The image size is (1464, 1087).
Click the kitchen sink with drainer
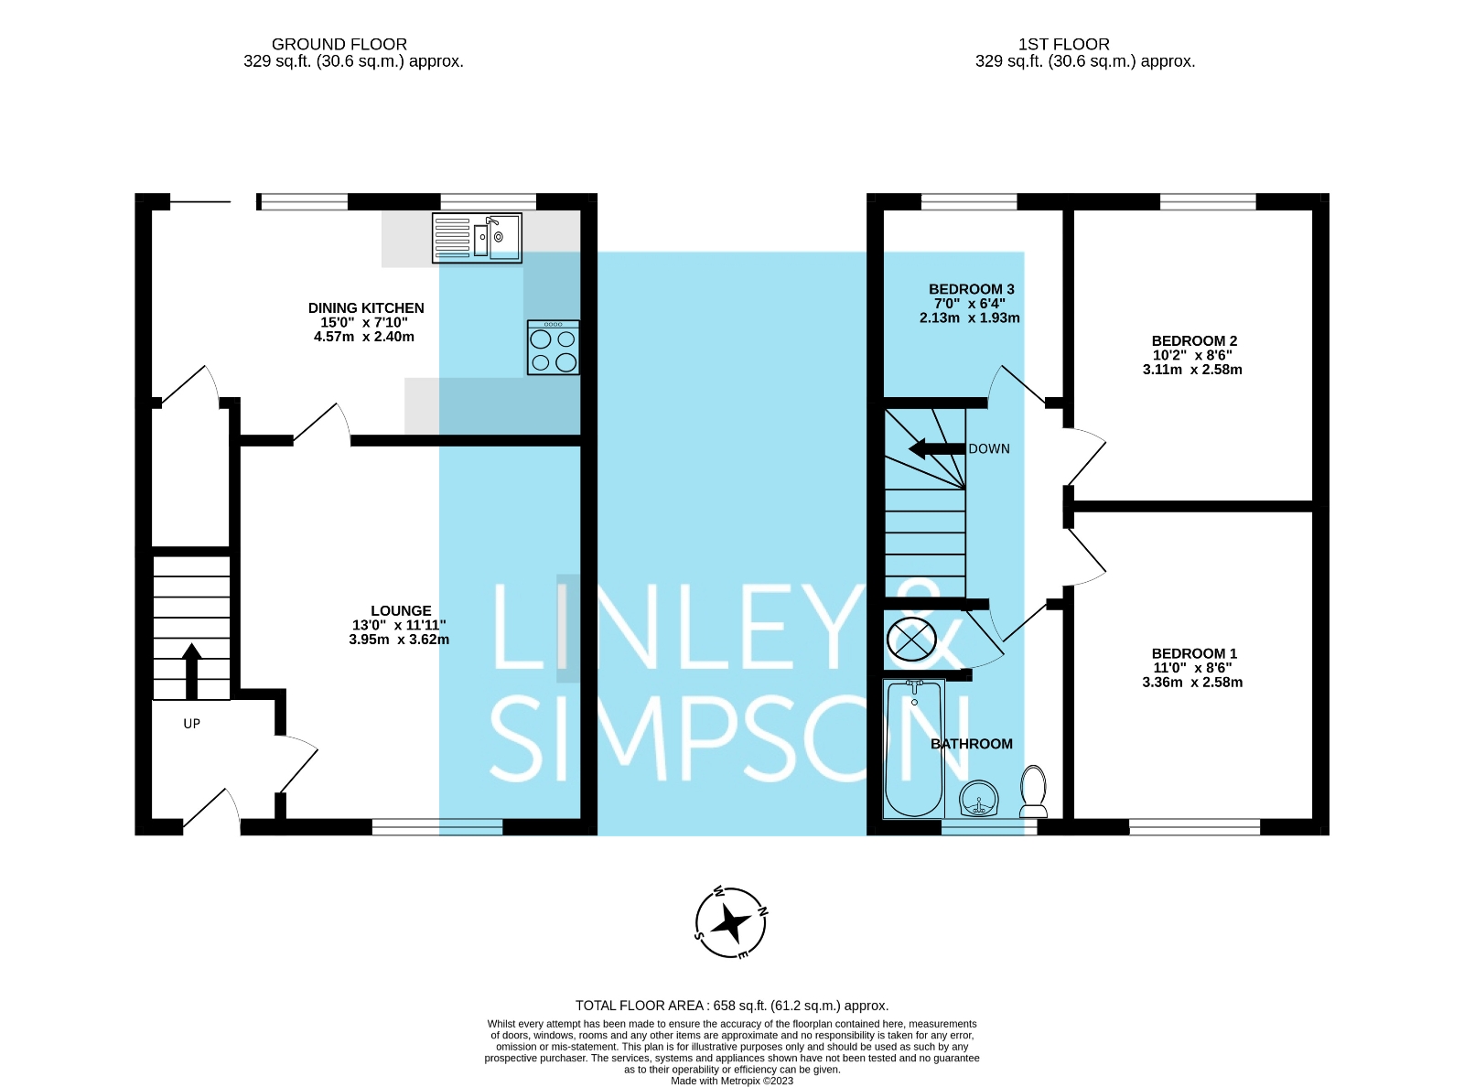point(477,237)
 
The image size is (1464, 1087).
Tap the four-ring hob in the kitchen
point(554,349)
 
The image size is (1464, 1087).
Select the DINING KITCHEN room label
point(366,308)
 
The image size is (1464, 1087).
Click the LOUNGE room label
point(401,610)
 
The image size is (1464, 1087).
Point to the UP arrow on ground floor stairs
point(191,670)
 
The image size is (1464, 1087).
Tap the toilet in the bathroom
point(1034,791)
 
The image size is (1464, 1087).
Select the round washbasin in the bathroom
point(979,799)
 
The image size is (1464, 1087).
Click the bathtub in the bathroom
point(914,748)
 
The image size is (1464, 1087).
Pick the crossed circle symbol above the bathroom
point(911,639)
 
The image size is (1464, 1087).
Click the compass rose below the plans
point(731,923)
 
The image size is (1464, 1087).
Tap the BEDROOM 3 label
point(971,289)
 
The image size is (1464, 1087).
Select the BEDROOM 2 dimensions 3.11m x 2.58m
point(1192,370)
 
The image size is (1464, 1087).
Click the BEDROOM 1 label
point(1194,653)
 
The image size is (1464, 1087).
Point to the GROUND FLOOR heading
point(339,44)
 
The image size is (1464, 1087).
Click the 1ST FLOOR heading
point(1064,44)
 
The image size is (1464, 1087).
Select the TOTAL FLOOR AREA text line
point(732,1006)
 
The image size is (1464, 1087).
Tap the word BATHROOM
point(972,744)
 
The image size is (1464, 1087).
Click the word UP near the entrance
point(191,724)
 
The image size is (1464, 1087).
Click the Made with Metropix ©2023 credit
point(732,1081)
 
